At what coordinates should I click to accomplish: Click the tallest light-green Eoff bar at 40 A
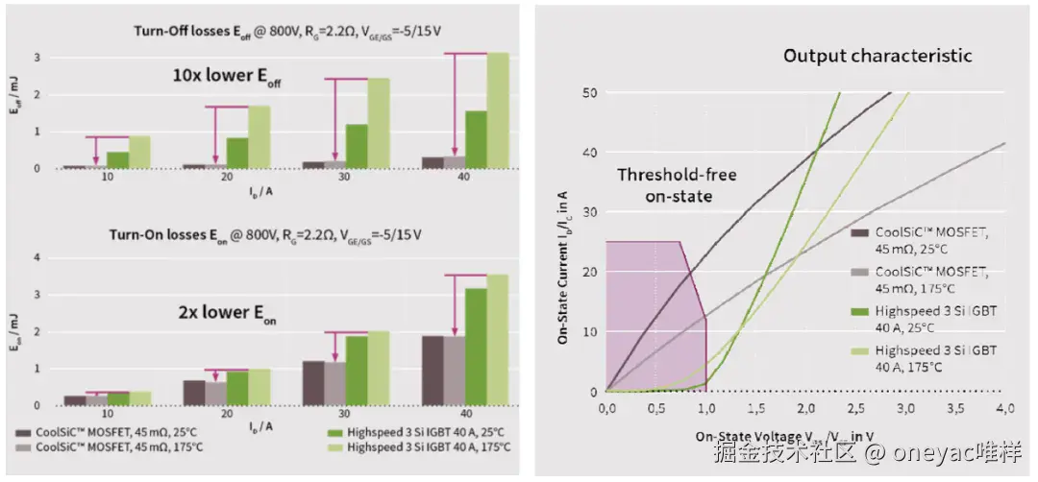point(498,110)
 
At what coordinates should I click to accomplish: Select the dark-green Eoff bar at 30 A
point(357,147)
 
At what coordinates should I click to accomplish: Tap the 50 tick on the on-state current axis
point(590,92)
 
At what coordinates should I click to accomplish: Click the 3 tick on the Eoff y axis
point(37,57)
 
